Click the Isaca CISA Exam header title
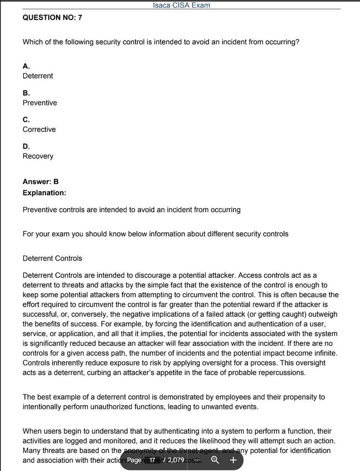(x=181, y=5)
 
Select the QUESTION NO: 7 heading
(x=52, y=18)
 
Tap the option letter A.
(x=26, y=66)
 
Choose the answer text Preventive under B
(x=40, y=103)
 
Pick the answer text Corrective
(x=39, y=130)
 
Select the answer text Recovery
(x=38, y=156)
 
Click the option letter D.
(x=26, y=146)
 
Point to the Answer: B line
(x=40, y=182)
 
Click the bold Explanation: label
(x=44, y=193)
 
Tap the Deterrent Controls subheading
(x=52, y=258)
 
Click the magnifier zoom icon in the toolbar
(x=215, y=460)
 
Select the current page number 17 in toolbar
(x=152, y=460)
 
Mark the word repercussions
(x=282, y=373)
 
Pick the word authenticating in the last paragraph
(x=152, y=431)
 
